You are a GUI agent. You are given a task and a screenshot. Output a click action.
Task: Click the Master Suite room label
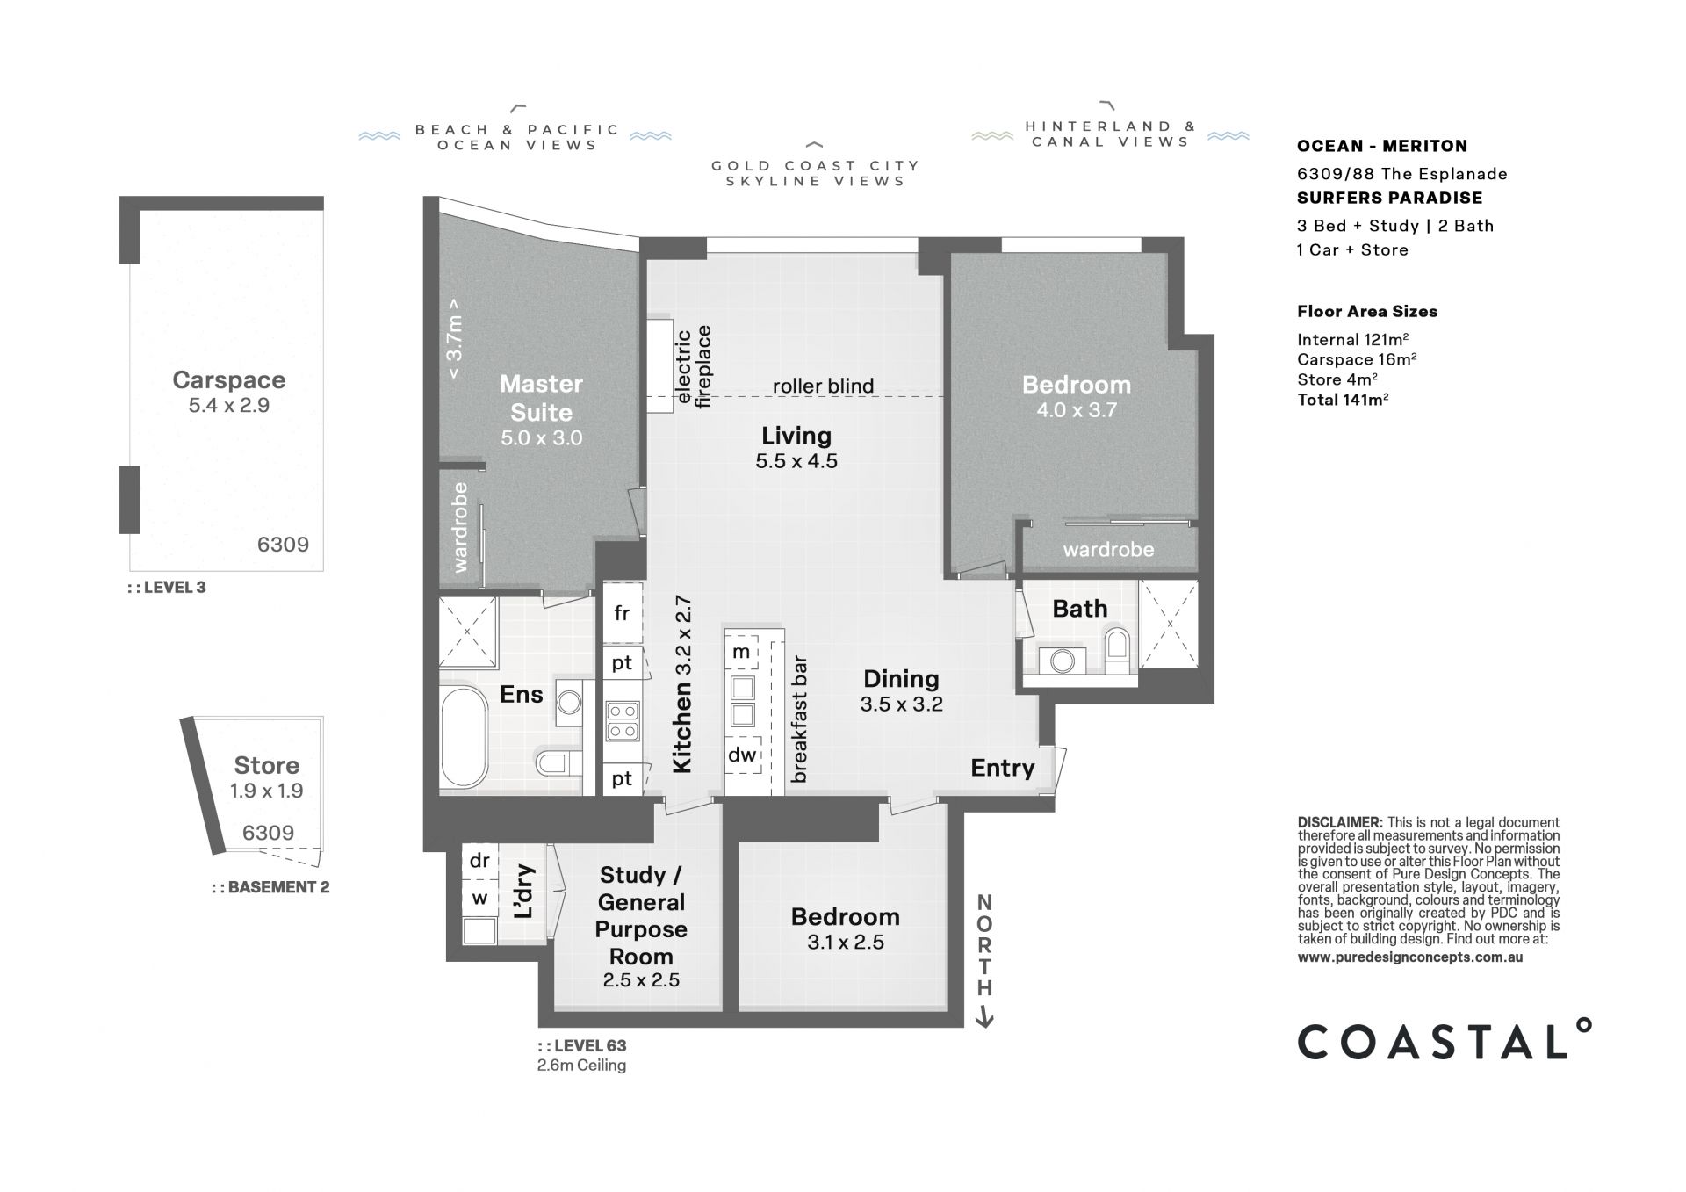click(x=542, y=398)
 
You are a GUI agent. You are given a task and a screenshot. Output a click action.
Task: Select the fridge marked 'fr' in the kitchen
click(x=622, y=613)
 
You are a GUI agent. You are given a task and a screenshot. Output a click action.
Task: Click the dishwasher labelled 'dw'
click(x=742, y=755)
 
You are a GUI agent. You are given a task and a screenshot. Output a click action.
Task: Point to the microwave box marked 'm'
click(x=742, y=652)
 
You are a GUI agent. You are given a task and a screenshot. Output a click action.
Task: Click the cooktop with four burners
click(x=622, y=720)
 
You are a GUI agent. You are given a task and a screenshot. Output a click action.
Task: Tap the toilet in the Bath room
click(x=1118, y=650)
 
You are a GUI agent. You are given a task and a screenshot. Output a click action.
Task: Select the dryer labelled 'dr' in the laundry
click(x=479, y=861)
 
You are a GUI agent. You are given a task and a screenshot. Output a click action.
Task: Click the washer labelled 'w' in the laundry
click(x=479, y=899)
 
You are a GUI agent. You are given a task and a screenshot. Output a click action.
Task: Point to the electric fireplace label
click(x=693, y=366)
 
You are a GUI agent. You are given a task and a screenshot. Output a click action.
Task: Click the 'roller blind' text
click(x=823, y=386)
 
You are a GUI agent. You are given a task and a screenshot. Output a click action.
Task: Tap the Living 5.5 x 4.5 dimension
click(x=796, y=460)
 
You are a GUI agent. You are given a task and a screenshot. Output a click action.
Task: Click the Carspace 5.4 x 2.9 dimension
click(x=228, y=405)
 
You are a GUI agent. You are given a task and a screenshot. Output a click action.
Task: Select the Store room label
click(x=266, y=765)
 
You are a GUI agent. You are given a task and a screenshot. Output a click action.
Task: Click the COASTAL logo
click(x=1444, y=1041)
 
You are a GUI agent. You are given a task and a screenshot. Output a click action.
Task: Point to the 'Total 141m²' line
click(x=1343, y=401)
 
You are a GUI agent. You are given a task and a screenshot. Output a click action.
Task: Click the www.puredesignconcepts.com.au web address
click(x=1410, y=957)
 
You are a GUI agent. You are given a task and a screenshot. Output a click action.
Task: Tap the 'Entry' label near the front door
click(x=1002, y=768)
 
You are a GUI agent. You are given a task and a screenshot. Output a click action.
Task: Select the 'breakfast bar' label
click(x=798, y=720)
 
